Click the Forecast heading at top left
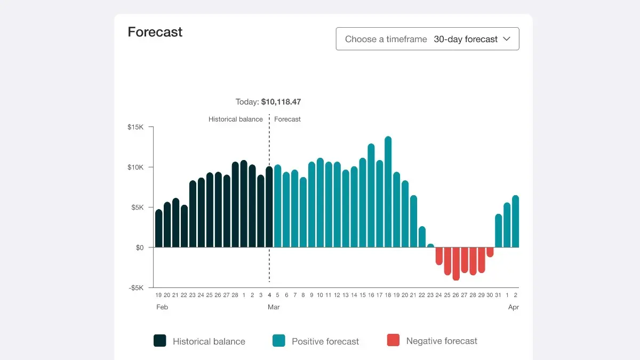click(155, 32)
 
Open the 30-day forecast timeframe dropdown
click(427, 39)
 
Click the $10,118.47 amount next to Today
click(281, 101)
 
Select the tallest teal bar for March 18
click(388, 192)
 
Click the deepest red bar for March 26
click(456, 263)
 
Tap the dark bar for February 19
click(158, 228)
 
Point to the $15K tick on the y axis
click(135, 127)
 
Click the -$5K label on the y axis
click(135, 288)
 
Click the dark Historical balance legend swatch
click(159, 341)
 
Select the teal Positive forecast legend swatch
click(278, 341)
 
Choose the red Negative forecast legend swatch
click(393, 341)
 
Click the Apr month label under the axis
click(513, 307)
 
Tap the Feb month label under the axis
click(162, 307)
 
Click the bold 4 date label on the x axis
click(269, 295)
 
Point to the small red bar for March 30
click(490, 252)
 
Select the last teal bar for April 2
click(516, 222)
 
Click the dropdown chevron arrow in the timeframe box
click(507, 39)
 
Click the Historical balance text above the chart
click(235, 119)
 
